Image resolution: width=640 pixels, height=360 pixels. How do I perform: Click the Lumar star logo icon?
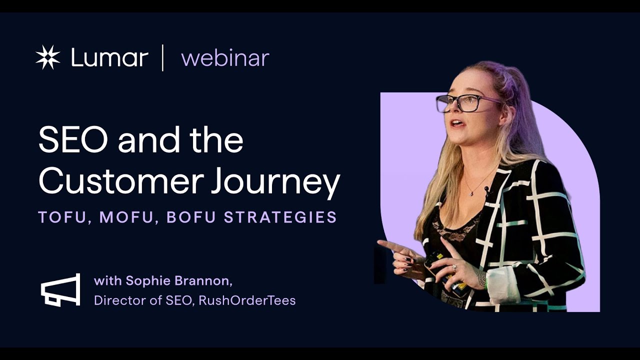pyautogui.click(x=48, y=57)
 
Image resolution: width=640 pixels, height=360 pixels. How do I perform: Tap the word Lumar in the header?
pyautogui.click(x=109, y=58)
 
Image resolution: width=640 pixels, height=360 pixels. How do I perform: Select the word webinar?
pyautogui.click(x=225, y=58)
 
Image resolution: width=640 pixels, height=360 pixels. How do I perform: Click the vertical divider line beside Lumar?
pyautogui.click(x=163, y=57)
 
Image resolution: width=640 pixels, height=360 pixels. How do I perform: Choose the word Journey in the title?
pyautogui.click(x=275, y=183)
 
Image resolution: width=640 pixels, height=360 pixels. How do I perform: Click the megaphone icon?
pyautogui.click(x=60, y=289)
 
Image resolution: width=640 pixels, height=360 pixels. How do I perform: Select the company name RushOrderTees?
pyautogui.click(x=247, y=300)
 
